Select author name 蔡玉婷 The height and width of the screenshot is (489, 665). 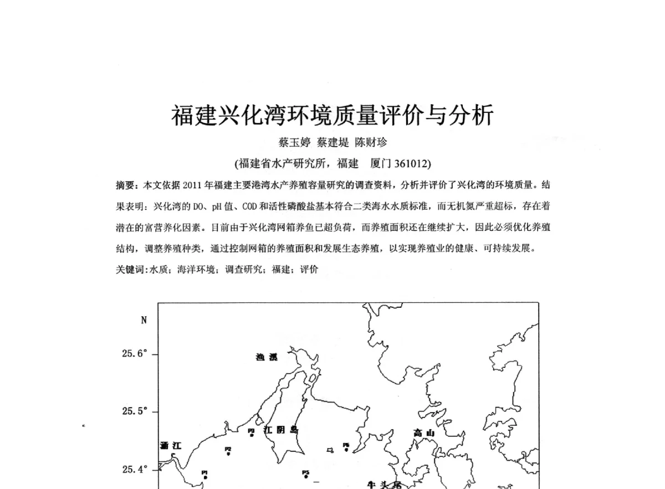click(x=294, y=143)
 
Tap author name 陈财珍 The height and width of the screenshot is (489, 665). click(x=371, y=143)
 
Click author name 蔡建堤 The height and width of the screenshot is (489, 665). click(x=332, y=143)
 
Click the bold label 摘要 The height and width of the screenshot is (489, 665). click(x=125, y=184)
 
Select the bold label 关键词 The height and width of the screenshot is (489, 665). click(x=129, y=270)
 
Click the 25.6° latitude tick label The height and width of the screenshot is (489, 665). click(x=135, y=354)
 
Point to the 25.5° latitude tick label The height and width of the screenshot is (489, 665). click(x=135, y=411)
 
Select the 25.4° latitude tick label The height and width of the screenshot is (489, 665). click(x=135, y=470)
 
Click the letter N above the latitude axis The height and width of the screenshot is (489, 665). click(x=144, y=320)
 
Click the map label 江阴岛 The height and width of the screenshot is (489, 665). click(x=281, y=430)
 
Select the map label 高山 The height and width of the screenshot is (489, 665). click(x=425, y=433)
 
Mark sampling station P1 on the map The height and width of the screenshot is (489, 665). click(x=204, y=474)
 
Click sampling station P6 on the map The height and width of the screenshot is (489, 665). click(x=346, y=447)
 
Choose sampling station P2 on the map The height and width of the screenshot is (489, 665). click(x=228, y=451)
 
